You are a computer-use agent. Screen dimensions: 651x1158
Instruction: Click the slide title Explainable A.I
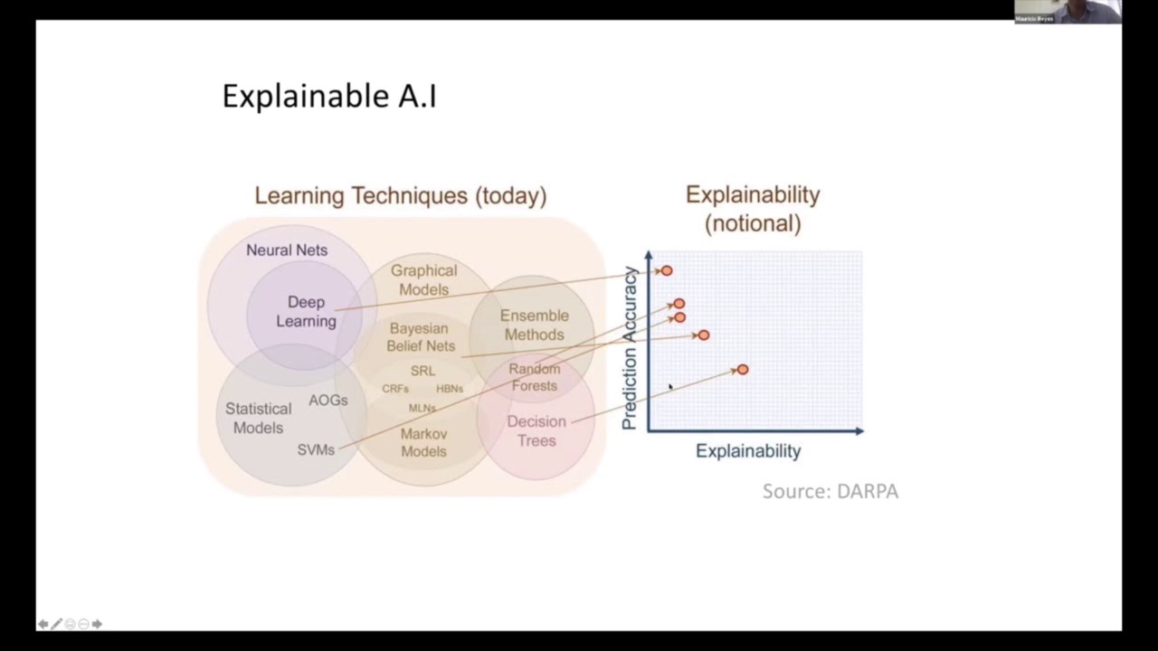(329, 96)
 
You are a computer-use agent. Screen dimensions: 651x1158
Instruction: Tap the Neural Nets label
(287, 250)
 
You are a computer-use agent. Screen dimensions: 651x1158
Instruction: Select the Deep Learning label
(306, 311)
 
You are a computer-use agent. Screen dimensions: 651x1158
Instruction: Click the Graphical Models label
(423, 280)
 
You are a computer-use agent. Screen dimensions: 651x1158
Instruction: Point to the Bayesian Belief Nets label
(421, 336)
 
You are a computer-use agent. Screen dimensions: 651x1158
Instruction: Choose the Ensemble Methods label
(534, 325)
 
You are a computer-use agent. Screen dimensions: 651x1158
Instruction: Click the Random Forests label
(534, 377)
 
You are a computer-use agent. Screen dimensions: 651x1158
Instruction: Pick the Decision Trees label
(536, 431)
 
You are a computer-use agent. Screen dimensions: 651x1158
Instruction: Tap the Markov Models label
(423, 442)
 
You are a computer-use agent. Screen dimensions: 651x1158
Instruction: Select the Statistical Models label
(258, 418)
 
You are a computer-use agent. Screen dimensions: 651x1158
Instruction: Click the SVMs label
(316, 449)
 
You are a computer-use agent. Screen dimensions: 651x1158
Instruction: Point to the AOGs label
(327, 400)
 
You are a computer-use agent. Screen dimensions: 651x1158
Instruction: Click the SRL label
(422, 371)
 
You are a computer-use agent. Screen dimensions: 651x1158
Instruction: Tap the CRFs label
(395, 389)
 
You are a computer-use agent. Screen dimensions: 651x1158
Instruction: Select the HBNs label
(450, 389)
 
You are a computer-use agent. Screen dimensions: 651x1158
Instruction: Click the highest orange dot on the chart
(667, 270)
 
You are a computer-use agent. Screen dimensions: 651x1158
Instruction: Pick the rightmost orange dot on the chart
(743, 370)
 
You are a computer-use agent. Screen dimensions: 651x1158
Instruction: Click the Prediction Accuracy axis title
(630, 347)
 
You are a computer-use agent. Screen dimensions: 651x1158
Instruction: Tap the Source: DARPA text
(830, 491)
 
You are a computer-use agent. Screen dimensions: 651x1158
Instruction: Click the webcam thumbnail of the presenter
(1068, 11)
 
